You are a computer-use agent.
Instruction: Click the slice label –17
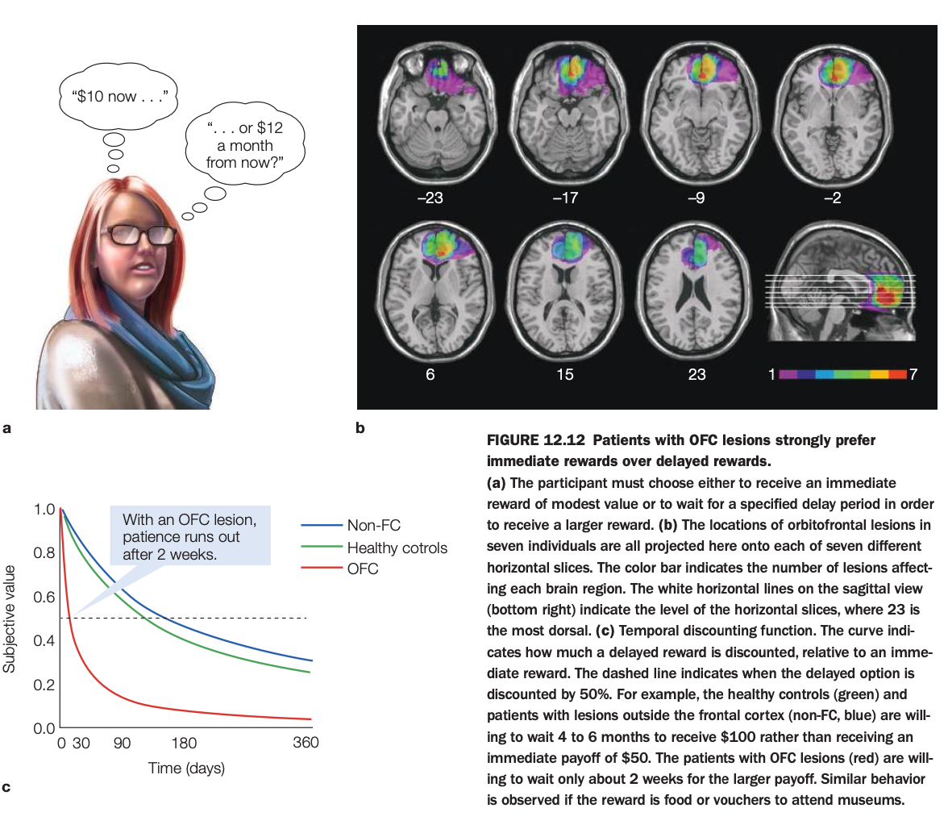click(x=565, y=198)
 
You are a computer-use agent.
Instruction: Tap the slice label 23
click(x=697, y=375)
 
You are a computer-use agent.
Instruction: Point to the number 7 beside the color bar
click(x=913, y=376)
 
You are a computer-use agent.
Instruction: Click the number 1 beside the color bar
click(x=771, y=376)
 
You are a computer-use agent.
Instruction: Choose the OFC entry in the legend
click(x=362, y=569)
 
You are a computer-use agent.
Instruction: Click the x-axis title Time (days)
click(x=186, y=769)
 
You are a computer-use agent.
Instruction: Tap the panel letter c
click(x=7, y=786)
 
